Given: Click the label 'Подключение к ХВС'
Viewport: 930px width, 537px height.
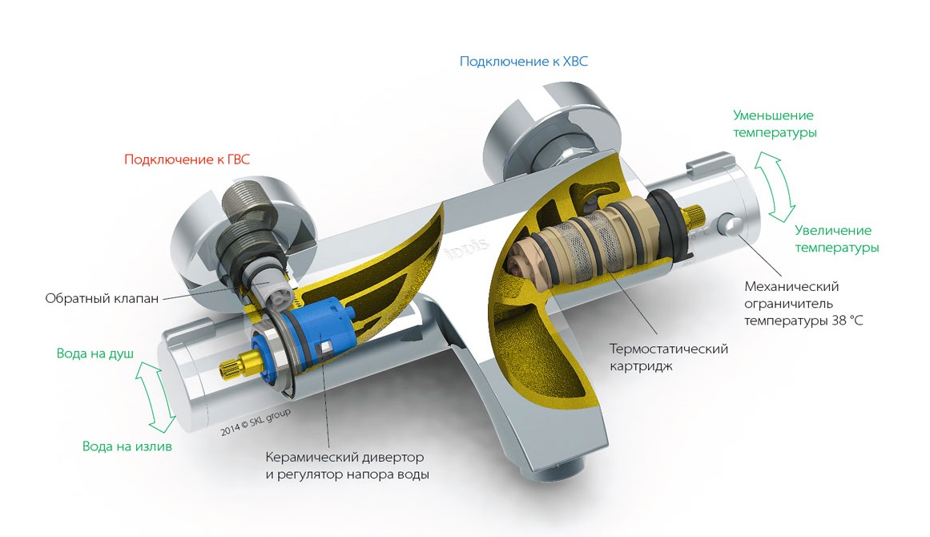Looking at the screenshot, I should [524, 62].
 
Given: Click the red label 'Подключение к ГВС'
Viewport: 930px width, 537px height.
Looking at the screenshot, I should [187, 159].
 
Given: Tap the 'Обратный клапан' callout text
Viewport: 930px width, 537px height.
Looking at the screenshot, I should [102, 298].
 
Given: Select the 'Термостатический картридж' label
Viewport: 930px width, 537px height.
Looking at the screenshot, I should [668, 357].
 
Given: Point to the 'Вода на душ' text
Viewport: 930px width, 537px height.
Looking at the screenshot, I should [95, 353].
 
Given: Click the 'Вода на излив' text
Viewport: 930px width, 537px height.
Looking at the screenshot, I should [127, 446].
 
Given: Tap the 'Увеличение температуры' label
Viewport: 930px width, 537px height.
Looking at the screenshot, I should [836, 239].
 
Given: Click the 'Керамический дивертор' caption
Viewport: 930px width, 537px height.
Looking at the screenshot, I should [344, 457].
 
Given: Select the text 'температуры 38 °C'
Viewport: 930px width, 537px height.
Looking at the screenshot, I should [803, 321].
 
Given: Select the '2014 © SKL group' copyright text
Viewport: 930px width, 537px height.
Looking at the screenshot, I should [256, 422].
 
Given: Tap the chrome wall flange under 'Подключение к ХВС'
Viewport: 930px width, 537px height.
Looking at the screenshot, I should [513, 129].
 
